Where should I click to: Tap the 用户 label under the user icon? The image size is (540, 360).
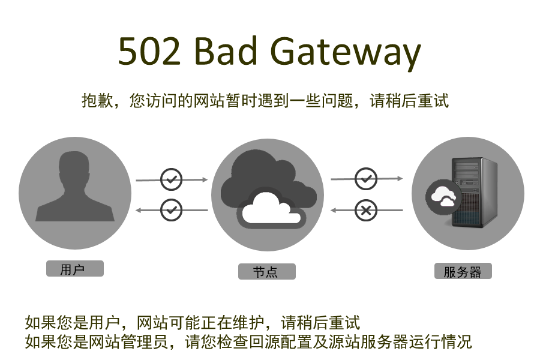[x=74, y=269]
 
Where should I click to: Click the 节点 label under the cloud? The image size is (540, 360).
[x=266, y=272]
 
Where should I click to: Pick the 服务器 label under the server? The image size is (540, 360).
[x=463, y=272]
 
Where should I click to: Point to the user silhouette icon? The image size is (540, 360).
[x=74, y=187]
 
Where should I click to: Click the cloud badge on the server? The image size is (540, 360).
[x=443, y=196]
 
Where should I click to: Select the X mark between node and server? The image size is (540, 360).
[x=365, y=210]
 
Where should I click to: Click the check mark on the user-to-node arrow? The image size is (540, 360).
[x=172, y=179]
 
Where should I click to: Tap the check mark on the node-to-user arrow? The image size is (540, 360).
[x=172, y=210]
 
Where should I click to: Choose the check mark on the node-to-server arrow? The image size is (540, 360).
[x=365, y=178]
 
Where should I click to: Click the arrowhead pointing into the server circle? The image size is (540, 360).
[x=400, y=178]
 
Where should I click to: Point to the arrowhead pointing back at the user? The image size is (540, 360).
[x=139, y=210]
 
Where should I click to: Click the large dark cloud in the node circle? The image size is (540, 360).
[x=264, y=171]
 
